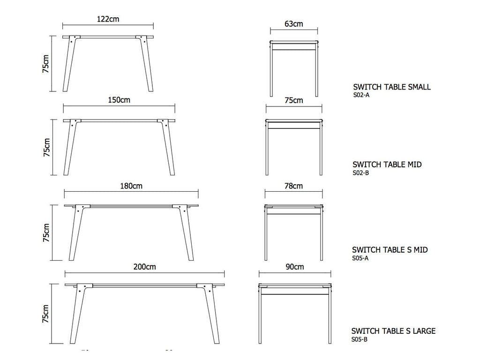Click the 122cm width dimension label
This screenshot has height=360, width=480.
108,19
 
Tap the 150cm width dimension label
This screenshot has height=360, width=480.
119,100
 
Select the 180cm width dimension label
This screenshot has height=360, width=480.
131,186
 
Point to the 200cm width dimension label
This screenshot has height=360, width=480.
144,267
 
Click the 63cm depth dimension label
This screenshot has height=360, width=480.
294,24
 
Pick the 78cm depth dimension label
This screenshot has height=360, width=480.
294,186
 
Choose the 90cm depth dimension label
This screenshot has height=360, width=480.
295,267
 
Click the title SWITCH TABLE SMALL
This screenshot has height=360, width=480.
392,87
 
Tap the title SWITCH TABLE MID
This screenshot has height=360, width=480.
387,165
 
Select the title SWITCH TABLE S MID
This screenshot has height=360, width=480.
390,250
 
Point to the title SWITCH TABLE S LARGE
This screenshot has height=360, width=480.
393,331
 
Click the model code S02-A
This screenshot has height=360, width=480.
361,95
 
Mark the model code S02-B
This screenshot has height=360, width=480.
360,172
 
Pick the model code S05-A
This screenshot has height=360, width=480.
360,258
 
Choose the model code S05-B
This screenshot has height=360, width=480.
360,339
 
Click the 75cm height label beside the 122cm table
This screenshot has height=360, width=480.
45,64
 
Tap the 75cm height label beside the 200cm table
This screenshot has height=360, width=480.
45,314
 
